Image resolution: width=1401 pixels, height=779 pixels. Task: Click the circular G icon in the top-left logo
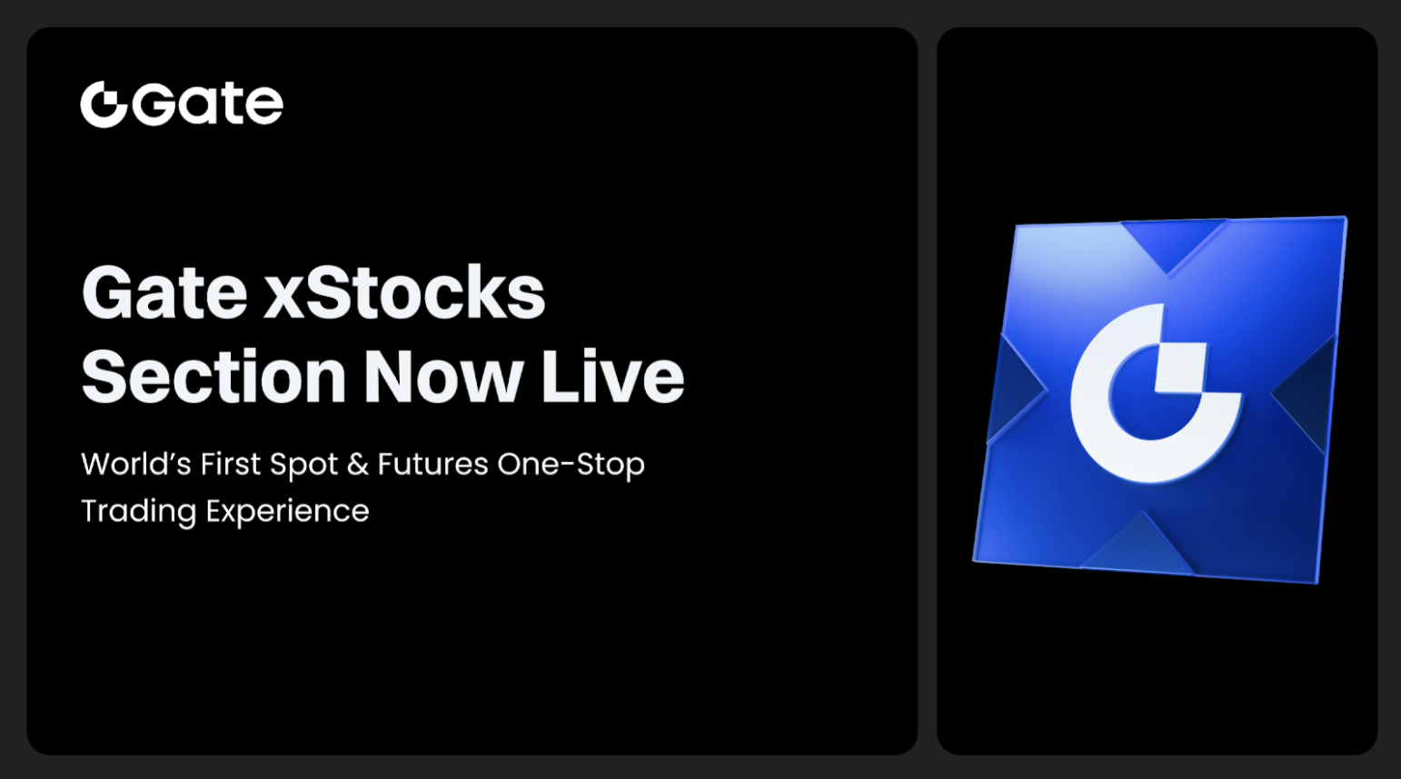pos(104,104)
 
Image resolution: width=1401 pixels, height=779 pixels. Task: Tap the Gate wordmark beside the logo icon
pos(208,104)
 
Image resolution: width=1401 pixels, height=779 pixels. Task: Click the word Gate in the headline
pos(164,293)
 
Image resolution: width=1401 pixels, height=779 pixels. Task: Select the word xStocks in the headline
pos(404,293)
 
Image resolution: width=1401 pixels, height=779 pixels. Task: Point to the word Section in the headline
pos(214,377)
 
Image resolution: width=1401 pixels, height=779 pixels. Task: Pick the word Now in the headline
pos(443,377)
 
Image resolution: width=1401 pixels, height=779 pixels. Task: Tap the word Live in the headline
pos(612,377)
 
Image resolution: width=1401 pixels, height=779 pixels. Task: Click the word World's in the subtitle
pos(135,464)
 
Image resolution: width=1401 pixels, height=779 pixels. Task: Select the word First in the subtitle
pos(231,464)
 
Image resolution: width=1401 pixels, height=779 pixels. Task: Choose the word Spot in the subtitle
pos(303,466)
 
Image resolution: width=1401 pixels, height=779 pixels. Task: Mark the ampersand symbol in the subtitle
pos(358,464)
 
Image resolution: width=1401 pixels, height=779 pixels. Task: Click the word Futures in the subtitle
pos(432,464)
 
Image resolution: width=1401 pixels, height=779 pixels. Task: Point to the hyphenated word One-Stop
pos(571,465)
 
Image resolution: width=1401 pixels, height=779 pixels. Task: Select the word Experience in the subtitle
pos(287,512)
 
